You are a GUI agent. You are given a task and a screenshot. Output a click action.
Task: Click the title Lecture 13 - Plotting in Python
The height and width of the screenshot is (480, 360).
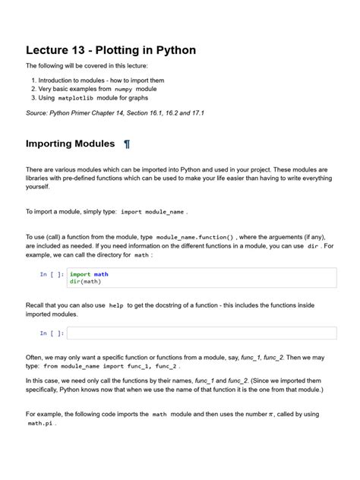(111, 51)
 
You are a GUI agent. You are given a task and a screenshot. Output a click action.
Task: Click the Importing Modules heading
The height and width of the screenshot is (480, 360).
(70, 144)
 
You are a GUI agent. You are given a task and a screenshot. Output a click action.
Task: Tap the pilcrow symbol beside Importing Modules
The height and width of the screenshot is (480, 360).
(127, 144)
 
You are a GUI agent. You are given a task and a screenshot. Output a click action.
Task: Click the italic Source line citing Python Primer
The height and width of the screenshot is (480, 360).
(115, 112)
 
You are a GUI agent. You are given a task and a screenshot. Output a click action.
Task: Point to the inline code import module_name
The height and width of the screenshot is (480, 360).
(153, 213)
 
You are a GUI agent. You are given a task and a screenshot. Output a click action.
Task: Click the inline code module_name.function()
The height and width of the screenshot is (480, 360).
(195, 237)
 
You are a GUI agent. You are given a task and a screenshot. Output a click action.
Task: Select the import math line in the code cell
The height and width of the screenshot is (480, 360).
(89, 274)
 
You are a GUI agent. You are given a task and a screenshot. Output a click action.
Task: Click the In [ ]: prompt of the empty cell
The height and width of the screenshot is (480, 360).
(52, 333)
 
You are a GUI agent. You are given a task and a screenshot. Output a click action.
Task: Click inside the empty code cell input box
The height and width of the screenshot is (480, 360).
(201, 333)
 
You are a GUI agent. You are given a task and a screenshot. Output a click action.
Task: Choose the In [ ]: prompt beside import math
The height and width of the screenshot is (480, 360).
(52, 274)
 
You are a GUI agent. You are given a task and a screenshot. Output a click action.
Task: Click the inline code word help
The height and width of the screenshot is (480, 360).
(116, 305)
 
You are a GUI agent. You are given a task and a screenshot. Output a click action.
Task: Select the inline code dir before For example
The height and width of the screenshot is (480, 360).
(312, 246)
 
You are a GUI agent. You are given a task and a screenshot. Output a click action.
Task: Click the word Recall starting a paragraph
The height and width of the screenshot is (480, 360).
(37, 305)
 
